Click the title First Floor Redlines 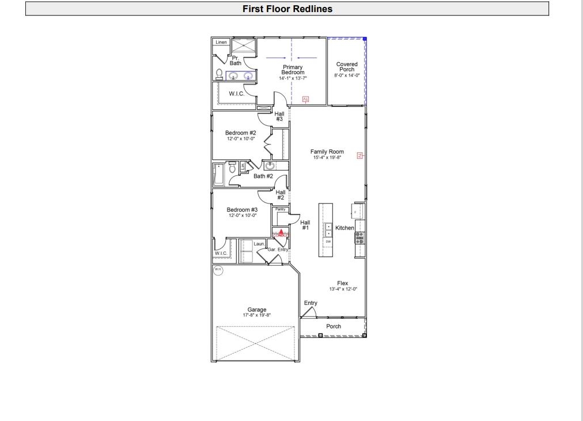point(287,9)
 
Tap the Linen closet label point(221,43)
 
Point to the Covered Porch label point(347,67)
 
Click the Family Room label point(327,152)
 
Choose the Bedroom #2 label point(240,133)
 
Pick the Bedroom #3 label point(241,210)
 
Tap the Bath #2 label point(263,176)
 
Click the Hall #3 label point(279,116)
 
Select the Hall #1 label point(305,225)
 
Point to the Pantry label point(281,209)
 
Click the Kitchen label point(344,228)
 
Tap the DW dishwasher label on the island point(328,242)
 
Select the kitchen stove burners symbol point(359,238)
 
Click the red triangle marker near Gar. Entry point(281,232)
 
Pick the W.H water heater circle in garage point(218,270)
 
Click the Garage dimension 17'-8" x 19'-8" point(256,315)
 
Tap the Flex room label point(342,283)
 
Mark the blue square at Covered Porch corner point(365,39)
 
